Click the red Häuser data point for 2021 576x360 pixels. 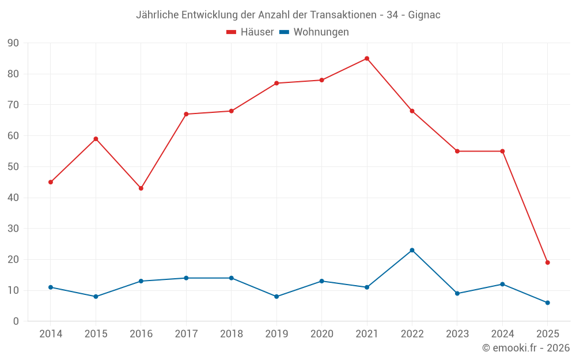[367, 58]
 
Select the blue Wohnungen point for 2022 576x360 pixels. [412, 250]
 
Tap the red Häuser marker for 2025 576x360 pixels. [547, 263]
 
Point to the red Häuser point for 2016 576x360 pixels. [141, 188]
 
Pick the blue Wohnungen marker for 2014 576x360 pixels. [51, 287]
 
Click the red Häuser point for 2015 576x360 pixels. [96, 139]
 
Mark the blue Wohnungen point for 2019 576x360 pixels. [276, 297]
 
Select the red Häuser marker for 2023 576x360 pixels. [457, 151]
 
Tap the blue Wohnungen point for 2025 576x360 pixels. [547, 302]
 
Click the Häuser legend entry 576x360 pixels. [250, 32]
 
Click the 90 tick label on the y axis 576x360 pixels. [13, 43]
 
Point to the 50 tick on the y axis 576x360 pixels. [13, 167]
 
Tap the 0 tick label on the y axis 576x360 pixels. [16, 321]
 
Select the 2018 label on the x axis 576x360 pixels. [231, 334]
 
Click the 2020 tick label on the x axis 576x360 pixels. [321, 334]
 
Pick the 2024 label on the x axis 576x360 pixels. [502, 334]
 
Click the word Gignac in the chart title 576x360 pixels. [424, 15]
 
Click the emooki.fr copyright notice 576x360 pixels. [526, 348]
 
